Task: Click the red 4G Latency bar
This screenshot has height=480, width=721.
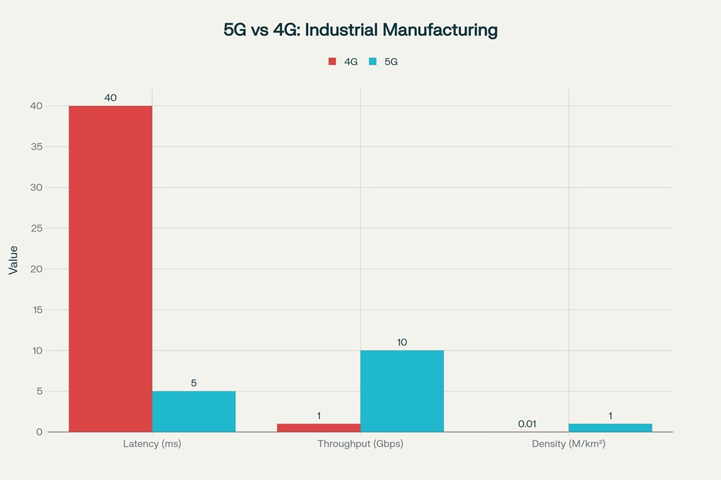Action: tap(110, 269)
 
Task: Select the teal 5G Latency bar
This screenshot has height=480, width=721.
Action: tap(193, 412)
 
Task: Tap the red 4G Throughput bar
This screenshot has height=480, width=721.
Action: tap(319, 427)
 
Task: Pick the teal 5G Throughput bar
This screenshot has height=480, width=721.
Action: tap(402, 391)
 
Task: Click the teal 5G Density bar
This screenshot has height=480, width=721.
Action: tap(610, 427)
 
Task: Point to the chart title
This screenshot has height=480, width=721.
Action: tap(360, 30)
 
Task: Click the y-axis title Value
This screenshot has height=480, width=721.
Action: tap(13, 259)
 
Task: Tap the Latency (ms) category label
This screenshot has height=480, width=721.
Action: tap(152, 444)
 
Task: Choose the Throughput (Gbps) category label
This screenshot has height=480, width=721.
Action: tap(360, 444)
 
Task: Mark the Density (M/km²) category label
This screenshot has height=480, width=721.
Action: tap(568, 444)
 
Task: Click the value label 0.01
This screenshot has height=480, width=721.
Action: tap(527, 424)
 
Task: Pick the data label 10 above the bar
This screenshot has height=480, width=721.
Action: tap(402, 342)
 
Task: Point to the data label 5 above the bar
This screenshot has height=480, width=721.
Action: tap(193, 383)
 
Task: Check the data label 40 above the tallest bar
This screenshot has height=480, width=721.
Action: tap(110, 97)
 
